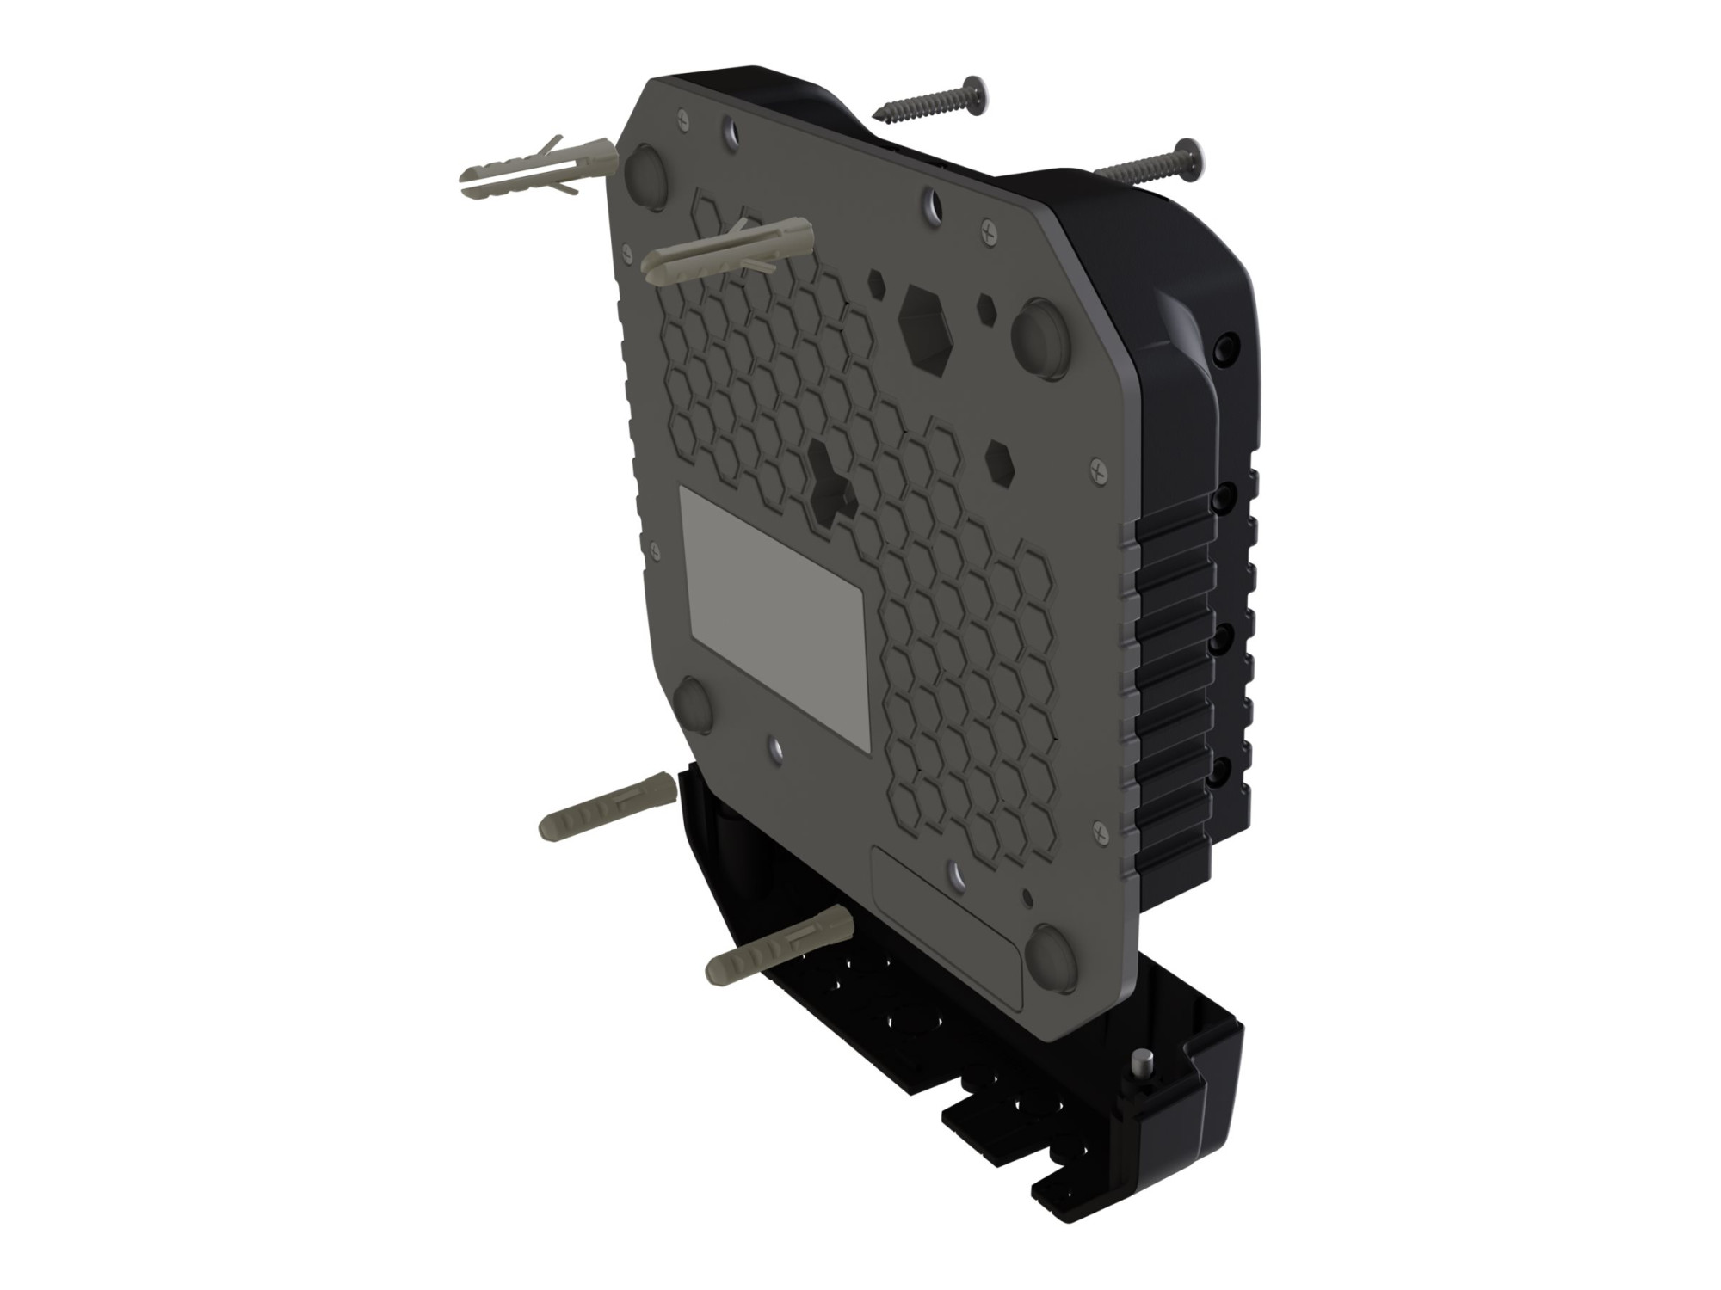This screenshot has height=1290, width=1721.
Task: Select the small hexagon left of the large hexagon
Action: [876, 283]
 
